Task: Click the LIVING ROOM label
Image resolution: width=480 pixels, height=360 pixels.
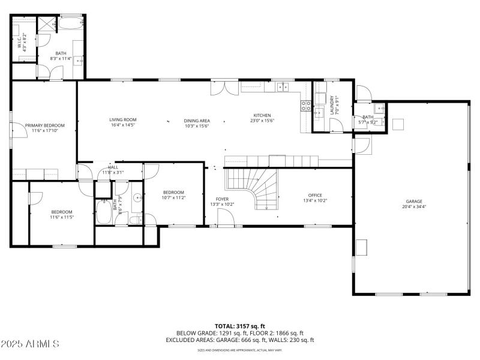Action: [x=123, y=119]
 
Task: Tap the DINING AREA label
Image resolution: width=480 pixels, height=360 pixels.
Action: [x=196, y=120]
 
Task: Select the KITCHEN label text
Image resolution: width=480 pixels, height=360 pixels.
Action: [x=262, y=115]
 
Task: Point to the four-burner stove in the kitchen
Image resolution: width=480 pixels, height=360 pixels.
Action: [x=305, y=106]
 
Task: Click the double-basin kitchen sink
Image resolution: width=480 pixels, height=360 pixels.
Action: [x=283, y=87]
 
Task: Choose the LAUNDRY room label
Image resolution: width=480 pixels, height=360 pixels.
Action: [x=331, y=105]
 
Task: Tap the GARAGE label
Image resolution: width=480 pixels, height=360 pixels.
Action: [x=414, y=201]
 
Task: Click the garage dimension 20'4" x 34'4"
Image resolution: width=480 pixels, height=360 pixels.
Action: [x=414, y=206]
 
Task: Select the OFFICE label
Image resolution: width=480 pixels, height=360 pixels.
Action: [x=315, y=195]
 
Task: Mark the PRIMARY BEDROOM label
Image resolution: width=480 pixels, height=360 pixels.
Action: [x=45, y=125]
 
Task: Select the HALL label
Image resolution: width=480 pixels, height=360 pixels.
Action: [x=113, y=167]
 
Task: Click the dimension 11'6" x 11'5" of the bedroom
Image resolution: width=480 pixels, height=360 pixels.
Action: [x=62, y=217]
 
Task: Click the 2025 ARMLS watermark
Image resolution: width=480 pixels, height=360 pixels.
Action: [x=30, y=344]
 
